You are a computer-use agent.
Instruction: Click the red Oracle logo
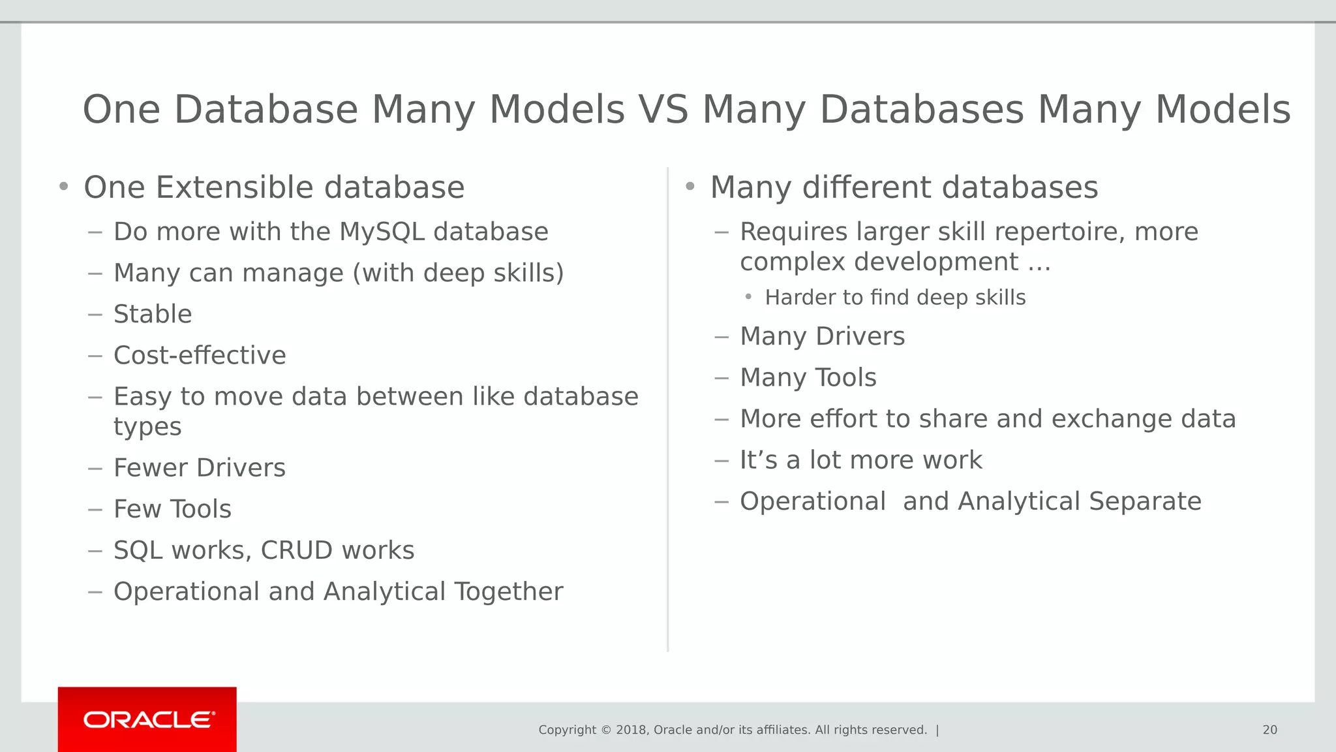[x=147, y=719]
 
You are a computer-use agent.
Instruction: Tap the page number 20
[x=1269, y=730]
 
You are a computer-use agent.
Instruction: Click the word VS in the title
[x=663, y=109]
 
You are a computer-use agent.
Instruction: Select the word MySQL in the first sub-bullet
[x=382, y=232]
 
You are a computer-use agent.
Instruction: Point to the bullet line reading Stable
[x=153, y=314]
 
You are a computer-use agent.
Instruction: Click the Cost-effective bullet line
[x=200, y=356]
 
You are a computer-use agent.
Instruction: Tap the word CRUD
[x=297, y=550]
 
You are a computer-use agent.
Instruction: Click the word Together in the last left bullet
[x=508, y=591]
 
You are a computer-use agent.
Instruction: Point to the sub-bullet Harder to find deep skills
[x=895, y=298]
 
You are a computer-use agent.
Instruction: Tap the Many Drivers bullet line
[x=822, y=337]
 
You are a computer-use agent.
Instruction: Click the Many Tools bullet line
[x=808, y=378]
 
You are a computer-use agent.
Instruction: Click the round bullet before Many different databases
[x=690, y=187]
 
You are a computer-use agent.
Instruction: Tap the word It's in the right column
[x=758, y=460]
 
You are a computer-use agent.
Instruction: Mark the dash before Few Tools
[x=95, y=509]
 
